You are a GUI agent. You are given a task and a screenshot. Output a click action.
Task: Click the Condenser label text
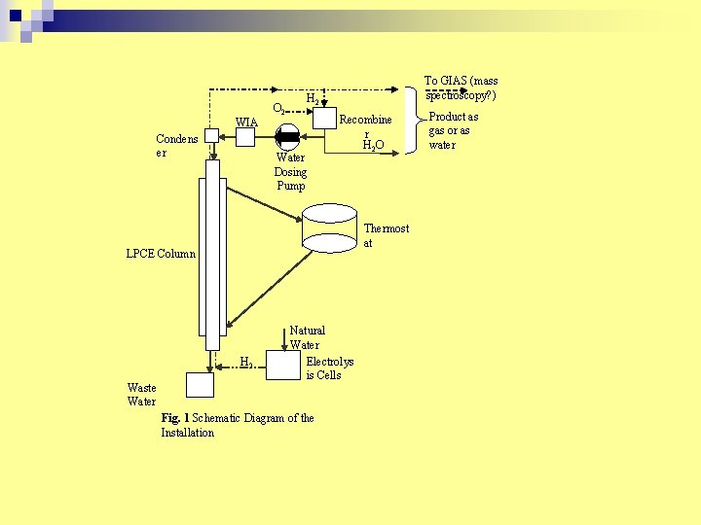176,146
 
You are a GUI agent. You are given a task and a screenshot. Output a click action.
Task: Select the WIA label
246,122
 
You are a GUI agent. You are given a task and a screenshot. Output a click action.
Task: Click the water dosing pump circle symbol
289,137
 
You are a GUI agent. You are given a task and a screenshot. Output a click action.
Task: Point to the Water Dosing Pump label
290,171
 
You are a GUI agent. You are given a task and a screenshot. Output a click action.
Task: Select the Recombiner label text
365,126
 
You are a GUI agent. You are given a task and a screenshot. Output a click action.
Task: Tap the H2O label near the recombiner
373,146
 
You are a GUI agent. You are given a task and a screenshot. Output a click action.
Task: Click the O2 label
278,109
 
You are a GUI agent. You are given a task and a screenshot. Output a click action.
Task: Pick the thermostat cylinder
330,227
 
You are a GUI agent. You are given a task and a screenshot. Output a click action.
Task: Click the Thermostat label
386,235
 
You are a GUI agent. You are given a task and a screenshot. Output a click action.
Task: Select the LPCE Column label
161,254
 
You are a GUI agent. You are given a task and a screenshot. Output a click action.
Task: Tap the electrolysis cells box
283,365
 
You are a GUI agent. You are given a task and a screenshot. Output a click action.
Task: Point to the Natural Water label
307,337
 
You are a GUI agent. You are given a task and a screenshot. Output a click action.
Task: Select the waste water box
200,385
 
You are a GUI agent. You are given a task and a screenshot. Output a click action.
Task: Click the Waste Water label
141,395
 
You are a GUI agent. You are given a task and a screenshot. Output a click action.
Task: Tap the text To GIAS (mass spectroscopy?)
461,88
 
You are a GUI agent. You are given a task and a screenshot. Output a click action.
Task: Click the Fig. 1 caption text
238,425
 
